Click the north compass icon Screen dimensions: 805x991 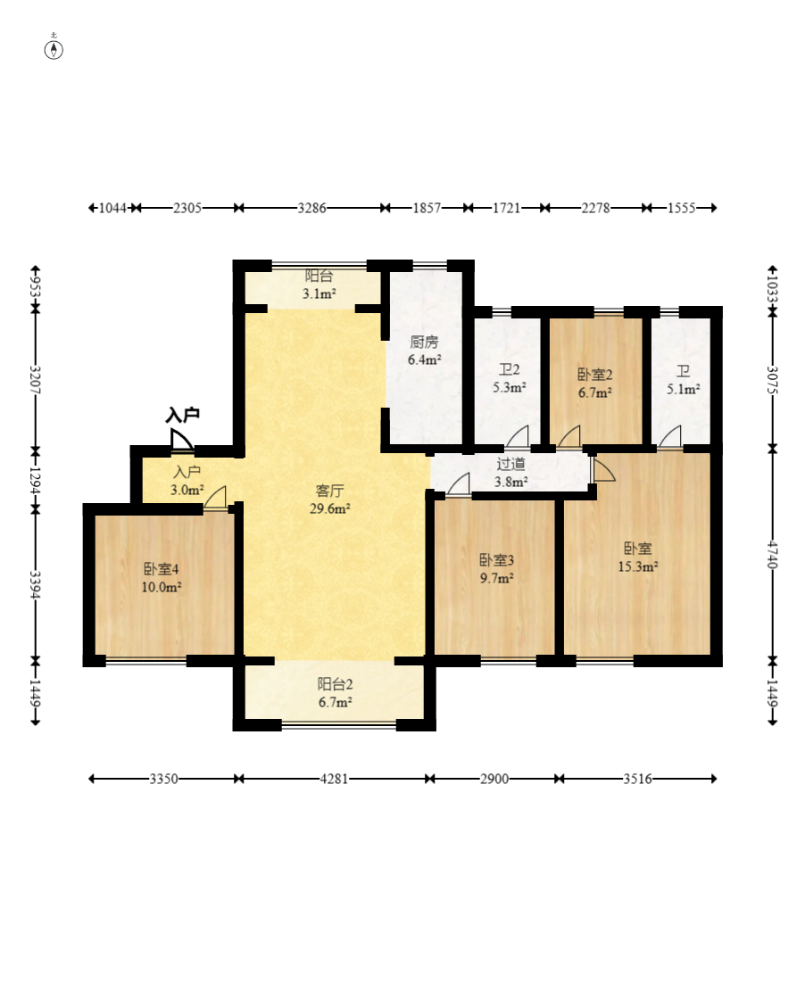(x=54, y=48)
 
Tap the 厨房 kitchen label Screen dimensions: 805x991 (x=424, y=342)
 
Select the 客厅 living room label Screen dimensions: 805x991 (x=329, y=491)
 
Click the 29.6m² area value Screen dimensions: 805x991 (x=329, y=508)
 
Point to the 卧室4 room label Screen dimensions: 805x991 (x=162, y=569)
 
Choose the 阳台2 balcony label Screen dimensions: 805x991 (x=335, y=684)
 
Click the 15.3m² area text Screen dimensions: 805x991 (x=638, y=567)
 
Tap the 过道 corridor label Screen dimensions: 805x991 (x=511, y=464)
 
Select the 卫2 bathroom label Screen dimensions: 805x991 (x=509, y=369)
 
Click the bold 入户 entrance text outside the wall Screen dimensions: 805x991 (x=183, y=415)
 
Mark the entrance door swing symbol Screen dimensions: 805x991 (x=181, y=440)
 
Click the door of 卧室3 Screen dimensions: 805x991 (x=459, y=484)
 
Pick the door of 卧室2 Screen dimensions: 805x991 (x=568, y=437)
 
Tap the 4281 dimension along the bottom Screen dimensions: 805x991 (x=334, y=779)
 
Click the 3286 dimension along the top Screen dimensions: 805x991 (x=311, y=208)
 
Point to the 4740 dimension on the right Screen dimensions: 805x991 (x=772, y=554)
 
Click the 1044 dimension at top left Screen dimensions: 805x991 (x=113, y=208)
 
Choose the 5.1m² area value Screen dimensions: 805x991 (x=683, y=389)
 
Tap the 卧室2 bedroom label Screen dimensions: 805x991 (x=595, y=375)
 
